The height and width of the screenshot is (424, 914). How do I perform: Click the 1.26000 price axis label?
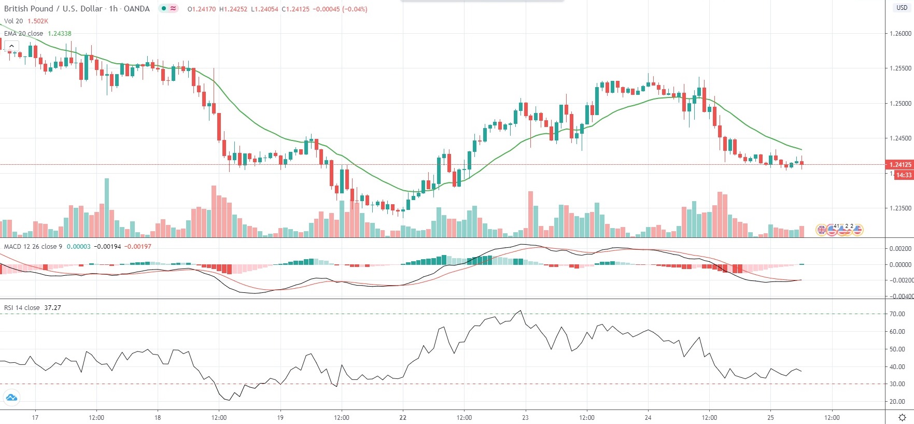(900, 34)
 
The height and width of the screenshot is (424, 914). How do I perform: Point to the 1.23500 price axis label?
(900, 208)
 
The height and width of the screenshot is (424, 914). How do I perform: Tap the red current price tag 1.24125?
(900, 165)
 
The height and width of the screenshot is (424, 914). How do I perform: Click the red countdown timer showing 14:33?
(904, 175)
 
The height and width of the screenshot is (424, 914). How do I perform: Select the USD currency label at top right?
(902, 8)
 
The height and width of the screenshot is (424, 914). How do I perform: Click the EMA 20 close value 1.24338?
(60, 34)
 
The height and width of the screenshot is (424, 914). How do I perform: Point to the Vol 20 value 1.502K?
(38, 21)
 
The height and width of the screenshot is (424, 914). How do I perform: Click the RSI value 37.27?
(52, 308)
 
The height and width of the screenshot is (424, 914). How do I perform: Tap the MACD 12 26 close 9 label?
(33, 247)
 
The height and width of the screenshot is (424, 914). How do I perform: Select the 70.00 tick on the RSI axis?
(897, 314)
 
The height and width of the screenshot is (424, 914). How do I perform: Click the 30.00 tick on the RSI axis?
(897, 384)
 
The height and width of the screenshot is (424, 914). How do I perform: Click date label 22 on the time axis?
(403, 418)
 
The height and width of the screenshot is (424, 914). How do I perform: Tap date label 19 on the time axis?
(280, 418)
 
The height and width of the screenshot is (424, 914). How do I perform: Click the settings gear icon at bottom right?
(902, 417)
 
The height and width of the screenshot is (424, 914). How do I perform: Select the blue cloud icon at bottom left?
(11, 398)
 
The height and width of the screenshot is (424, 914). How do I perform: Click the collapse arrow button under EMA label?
(11, 46)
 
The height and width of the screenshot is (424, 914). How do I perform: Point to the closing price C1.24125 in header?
(296, 9)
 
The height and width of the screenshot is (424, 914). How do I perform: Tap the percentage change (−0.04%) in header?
(355, 9)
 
